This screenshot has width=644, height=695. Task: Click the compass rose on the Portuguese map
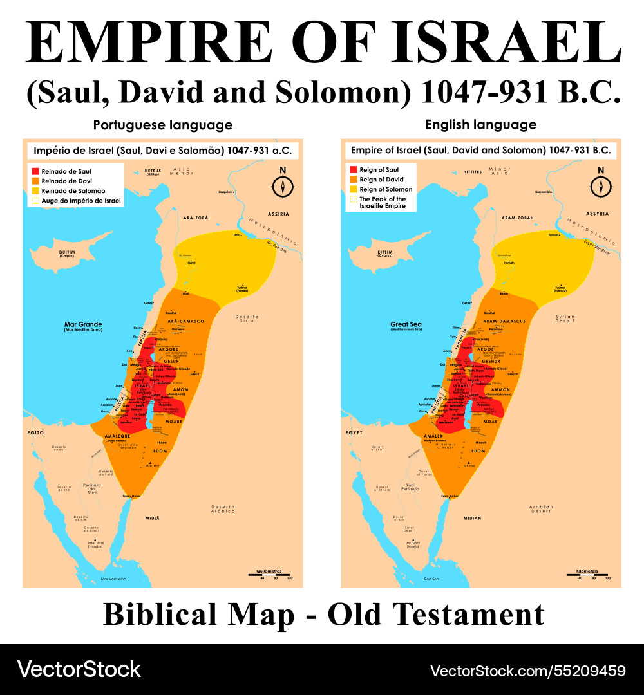pyautogui.click(x=283, y=185)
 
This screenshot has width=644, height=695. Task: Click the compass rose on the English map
pyautogui.click(x=601, y=185)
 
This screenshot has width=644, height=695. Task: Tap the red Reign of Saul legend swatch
pyautogui.click(x=353, y=169)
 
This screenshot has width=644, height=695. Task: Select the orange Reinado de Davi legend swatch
pyautogui.click(x=35, y=181)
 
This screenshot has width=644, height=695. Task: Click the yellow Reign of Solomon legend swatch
pyautogui.click(x=353, y=189)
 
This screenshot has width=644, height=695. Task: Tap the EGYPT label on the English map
pyautogui.click(x=354, y=434)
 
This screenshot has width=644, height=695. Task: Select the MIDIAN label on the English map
pyautogui.click(x=472, y=517)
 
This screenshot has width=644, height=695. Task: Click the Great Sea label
pyautogui.click(x=406, y=325)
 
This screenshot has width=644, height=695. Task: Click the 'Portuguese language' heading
pyautogui.click(x=162, y=125)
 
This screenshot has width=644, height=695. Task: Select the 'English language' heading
pyautogui.click(x=481, y=125)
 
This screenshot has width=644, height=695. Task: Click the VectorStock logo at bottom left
pyautogui.click(x=79, y=669)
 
